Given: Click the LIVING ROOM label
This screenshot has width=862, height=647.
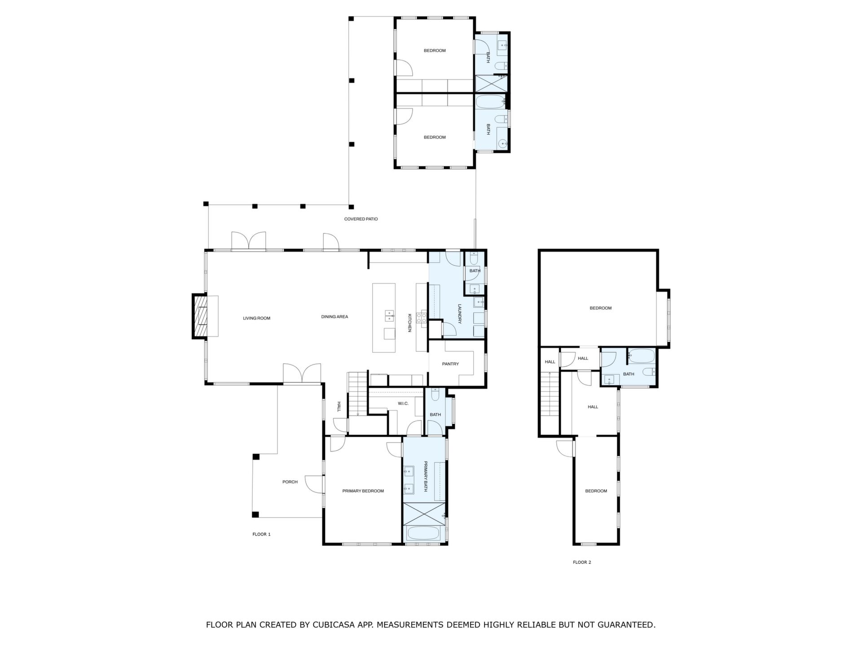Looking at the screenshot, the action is coord(256,319).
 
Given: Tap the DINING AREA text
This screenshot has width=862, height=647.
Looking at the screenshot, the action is coord(334,317).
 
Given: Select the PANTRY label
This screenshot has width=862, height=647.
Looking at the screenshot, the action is coord(450,364).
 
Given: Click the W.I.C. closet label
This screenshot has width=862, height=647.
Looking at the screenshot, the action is coord(403,403).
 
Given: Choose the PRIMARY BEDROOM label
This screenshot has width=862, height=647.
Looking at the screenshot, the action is coord(363,491).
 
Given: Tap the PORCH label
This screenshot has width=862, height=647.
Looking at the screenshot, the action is coord(290,482).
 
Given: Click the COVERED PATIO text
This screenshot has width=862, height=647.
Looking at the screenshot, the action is coord(361,219).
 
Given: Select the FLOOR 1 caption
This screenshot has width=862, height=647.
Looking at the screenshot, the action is coord(262,534).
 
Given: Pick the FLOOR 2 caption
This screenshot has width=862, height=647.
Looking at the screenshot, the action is coord(582,562).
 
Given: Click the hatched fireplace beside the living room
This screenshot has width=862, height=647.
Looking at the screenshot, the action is coord(201,316).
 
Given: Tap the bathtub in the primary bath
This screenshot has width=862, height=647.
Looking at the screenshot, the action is coord(423,533).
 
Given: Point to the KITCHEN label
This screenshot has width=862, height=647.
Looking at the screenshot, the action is coord(409,323).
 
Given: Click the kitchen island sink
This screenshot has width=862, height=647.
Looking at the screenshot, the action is coord(389,316).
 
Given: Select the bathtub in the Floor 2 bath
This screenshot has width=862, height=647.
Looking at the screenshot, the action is coord(642,356).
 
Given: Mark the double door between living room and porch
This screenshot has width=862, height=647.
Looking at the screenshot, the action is coord(302,373).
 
